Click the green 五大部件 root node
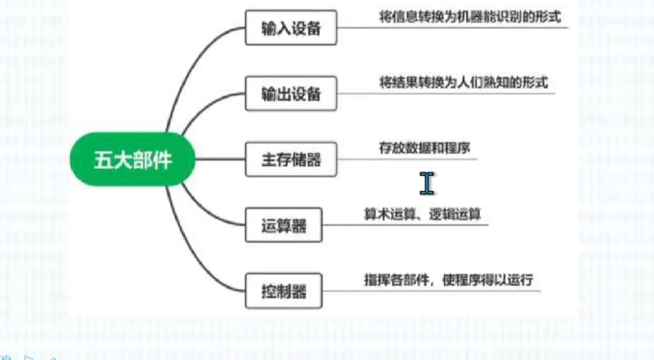tap(133, 160)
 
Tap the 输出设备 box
tap(291, 94)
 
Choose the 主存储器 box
tap(291, 159)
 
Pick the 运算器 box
tap(283, 225)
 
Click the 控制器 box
tap(283, 291)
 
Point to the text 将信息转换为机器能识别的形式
tap(470, 16)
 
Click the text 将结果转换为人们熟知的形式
tap(463, 82)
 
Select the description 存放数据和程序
tap(425, 147)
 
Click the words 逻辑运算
tap(456, 214)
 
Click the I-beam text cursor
tap(427, 182)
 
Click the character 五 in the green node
tap(103, 160)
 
